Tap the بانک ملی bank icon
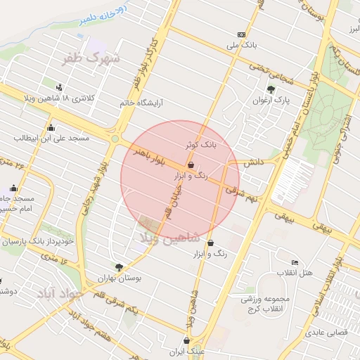coord(242,34)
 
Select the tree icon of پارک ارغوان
coord(271,89)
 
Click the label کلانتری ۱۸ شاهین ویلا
coord(88,98)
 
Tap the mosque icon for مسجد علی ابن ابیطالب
coord(51,128)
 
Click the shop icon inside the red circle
coord(192,165)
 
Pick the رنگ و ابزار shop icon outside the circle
coord(211,243)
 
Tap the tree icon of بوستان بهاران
coord(119,267)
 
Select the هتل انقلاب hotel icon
coord(294,262)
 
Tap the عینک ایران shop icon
coord(186,340)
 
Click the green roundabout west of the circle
coord(115,139)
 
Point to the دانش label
coord(253,162)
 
